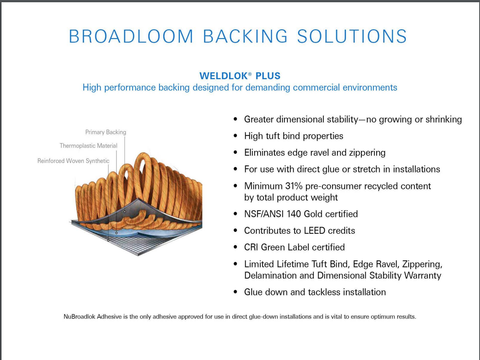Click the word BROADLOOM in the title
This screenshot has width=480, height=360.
131,37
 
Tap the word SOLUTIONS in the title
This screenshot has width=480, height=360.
352,37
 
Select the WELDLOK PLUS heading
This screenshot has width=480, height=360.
240,76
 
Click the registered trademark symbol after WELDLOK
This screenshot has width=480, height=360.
250,74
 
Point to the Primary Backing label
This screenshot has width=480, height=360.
106,132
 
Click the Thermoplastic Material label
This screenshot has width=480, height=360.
88,146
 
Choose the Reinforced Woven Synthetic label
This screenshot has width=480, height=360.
74,161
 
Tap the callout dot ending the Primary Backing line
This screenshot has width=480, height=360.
125,212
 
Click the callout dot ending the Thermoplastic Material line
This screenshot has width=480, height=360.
116,233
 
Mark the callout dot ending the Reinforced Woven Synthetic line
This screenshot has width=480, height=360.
109,240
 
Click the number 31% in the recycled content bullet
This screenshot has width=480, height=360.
294,186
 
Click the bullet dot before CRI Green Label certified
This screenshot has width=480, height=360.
235,247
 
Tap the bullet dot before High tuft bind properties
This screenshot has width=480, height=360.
235,136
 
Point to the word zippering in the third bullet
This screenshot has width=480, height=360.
367,153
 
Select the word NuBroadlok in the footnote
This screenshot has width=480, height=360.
80,317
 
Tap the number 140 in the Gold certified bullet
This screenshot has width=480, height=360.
294,214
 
